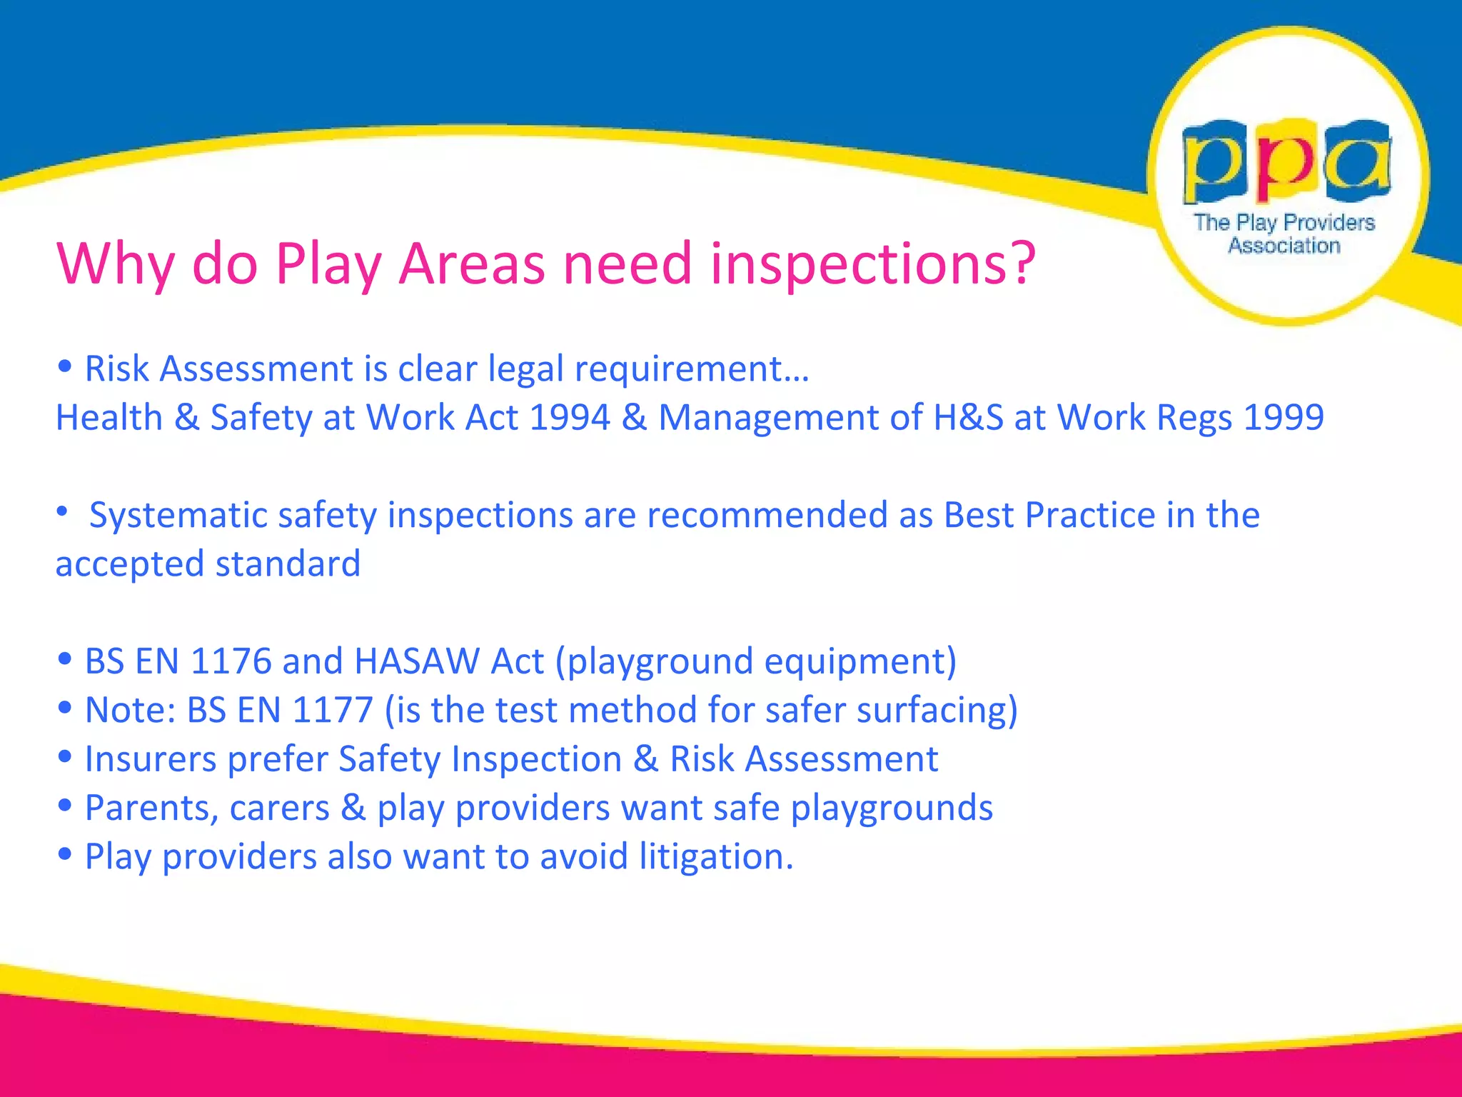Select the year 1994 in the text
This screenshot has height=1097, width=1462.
click(570, 417)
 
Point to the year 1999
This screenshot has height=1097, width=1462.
click(1284, 417)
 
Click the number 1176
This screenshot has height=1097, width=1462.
click(231, 661)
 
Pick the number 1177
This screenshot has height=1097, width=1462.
click(333, 710)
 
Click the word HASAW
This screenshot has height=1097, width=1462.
click(416, 661)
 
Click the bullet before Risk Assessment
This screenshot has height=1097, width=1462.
click(65, 367)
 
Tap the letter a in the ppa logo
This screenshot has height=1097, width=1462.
click(1358, 161)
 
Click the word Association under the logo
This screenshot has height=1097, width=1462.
click(1284, 246)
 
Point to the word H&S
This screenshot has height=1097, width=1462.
click(968, 417)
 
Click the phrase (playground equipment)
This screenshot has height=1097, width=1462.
click(755, 661)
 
